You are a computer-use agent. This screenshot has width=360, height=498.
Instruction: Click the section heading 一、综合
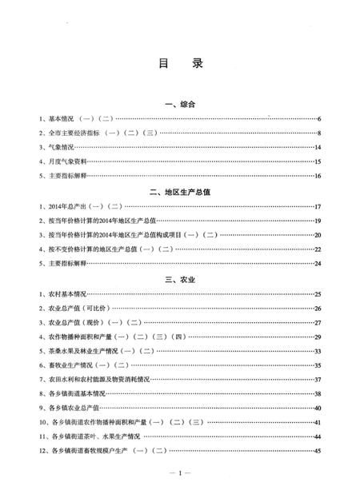pyautogui.click(x=179, y=103)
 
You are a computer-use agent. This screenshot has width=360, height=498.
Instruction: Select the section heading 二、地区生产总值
pyautogui.click(x=179, y=192)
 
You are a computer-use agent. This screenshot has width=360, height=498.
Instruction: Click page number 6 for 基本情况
pyautogui.click(x=318, y=118)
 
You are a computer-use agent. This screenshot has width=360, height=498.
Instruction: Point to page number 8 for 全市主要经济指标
pyautogui.click(x=318, y=132)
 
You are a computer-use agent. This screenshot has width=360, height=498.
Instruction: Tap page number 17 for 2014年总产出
pyautogui.click(x=317, y=206)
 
